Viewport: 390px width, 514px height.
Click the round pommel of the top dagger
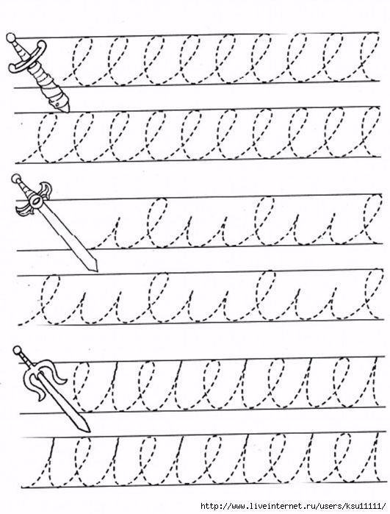tap(11, 37)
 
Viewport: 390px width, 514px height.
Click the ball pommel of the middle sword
tap(15, 179)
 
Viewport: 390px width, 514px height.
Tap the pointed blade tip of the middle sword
tap(95, 268)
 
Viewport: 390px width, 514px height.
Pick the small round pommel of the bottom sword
tap(18, 351)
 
